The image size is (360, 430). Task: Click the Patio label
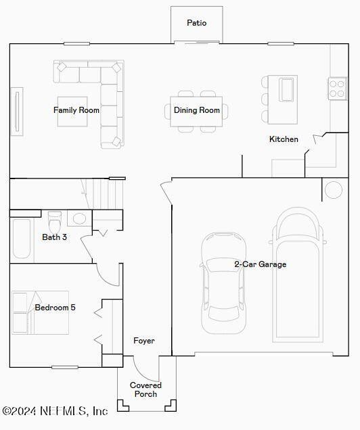tap(197, 23)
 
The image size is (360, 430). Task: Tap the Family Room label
tap(76, 110)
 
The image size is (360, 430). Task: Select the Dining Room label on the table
tap(197, 110)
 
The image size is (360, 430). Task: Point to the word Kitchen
tap(284, 139)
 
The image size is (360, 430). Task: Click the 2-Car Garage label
tap(261, 264)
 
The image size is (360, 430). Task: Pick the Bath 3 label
tap(55, 237)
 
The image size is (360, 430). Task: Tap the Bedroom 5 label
tap(55, 308)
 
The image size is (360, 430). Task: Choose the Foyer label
tap(144, 341)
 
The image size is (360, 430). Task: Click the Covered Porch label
tap(146, 389)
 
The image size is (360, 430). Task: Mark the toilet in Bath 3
tap(55, 220)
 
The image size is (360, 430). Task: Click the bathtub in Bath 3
tap(22, 239)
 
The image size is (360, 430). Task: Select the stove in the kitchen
tap(336, 89)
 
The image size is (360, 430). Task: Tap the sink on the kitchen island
tap(286, 89)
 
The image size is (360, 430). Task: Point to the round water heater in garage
tap(334, 190)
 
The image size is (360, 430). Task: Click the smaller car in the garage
tap(224, 282)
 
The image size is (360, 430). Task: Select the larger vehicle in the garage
tap(298, 274)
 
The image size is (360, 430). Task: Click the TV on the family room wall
tap(16, 112)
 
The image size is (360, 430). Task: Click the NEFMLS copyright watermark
tap(55, 410)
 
